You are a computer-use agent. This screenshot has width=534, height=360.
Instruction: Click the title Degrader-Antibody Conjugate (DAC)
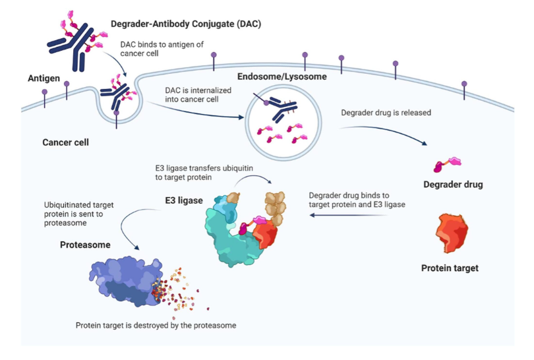pyautogui.click(x=186, y=24)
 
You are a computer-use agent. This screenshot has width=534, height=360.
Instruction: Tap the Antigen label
pyautogui.click(x=44, y=78)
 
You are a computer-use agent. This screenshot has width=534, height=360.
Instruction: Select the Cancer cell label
pyautogui.click(x=65, y=142)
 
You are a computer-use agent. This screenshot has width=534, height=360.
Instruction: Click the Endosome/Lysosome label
pyautogui.click(x=282, y=76)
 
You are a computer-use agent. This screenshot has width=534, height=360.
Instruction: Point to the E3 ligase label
pyautogui.click(x=184, y=200)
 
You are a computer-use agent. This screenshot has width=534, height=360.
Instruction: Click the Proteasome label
pyautogui.click(x=85, y=245)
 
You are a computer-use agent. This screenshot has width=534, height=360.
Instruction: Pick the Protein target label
pyautogui.click(x=450, y=268)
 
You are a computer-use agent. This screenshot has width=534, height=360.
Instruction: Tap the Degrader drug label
pyautogui.click(x=453, y=185)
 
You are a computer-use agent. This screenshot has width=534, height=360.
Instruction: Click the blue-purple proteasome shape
pyautogui.click(x=126, y=282)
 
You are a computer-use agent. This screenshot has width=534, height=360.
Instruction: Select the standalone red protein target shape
pyautogui.click(x=452, y=233)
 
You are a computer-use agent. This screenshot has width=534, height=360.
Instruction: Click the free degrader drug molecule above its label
pyautogui.click(x=447, y=164)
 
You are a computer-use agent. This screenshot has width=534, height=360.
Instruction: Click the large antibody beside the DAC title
pyautogui.click(x=73, y=46)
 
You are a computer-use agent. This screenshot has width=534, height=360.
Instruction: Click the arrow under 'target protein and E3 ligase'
pyautogui.click(x=348, y=215)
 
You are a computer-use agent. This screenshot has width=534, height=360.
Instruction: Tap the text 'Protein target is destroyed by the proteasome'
pyautogui.click(x=156, y=326)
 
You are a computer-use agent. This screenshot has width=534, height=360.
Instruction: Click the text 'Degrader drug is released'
pyautogui.click(x=386, y=113)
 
